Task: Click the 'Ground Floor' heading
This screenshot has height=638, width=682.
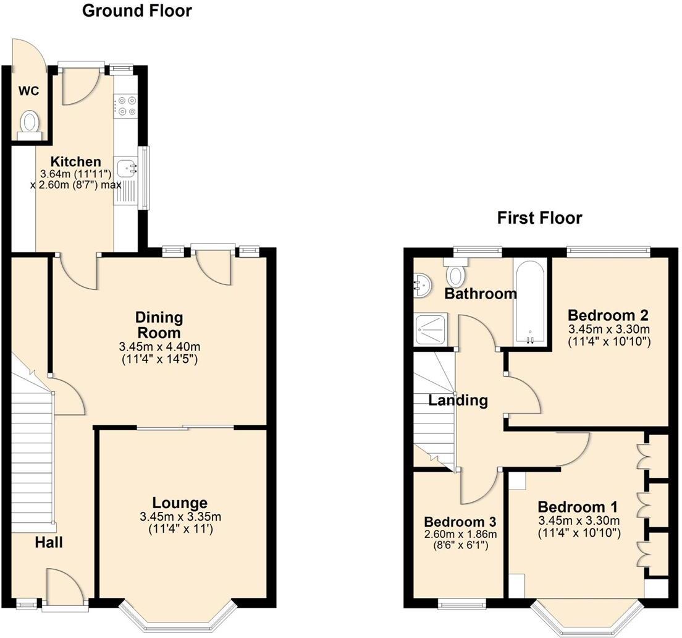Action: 137,11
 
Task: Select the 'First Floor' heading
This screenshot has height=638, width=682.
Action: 539,218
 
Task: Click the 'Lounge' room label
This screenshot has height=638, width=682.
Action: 180,503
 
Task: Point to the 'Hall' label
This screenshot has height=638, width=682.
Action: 48,543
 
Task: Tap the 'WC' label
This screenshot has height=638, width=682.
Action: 28,91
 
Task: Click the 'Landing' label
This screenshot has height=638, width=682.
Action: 458,400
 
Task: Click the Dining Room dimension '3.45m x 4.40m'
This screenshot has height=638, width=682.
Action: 159,347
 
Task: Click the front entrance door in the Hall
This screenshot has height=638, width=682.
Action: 64,587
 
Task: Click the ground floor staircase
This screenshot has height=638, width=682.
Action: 31,457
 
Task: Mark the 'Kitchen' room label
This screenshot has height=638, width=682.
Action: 75,161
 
